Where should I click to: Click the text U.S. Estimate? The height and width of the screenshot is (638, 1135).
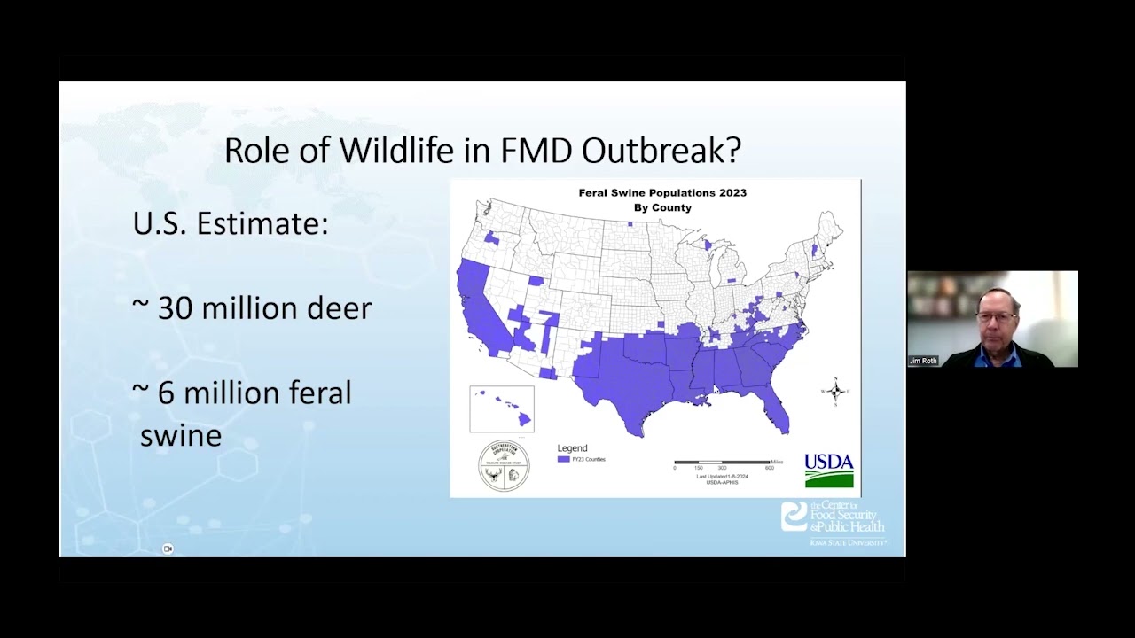(x=231, y=223)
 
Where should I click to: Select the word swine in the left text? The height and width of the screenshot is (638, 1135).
(x=181, y=435)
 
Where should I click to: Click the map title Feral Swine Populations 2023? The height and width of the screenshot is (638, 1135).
(x=662, y=192)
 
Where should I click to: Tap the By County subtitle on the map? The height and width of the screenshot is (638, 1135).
(x=662, y=207)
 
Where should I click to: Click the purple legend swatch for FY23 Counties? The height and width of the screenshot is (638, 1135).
(x=563, y=459)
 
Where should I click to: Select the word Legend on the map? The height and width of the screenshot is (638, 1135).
(x=572, y=448)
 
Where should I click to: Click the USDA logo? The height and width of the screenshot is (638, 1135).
(x=829, y=471)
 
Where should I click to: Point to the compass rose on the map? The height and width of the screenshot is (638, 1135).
(x=835, y=391)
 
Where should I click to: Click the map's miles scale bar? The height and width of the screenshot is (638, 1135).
(x=722, y=463)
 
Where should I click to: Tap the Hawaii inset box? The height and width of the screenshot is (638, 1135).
(x=502, y=409)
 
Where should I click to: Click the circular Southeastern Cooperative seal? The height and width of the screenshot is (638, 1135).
(x=504, y=465)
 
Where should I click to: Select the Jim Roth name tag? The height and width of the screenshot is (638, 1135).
(x=923, y=362)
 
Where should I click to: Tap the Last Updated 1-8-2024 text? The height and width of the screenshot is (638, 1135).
(x=722, y=477)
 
